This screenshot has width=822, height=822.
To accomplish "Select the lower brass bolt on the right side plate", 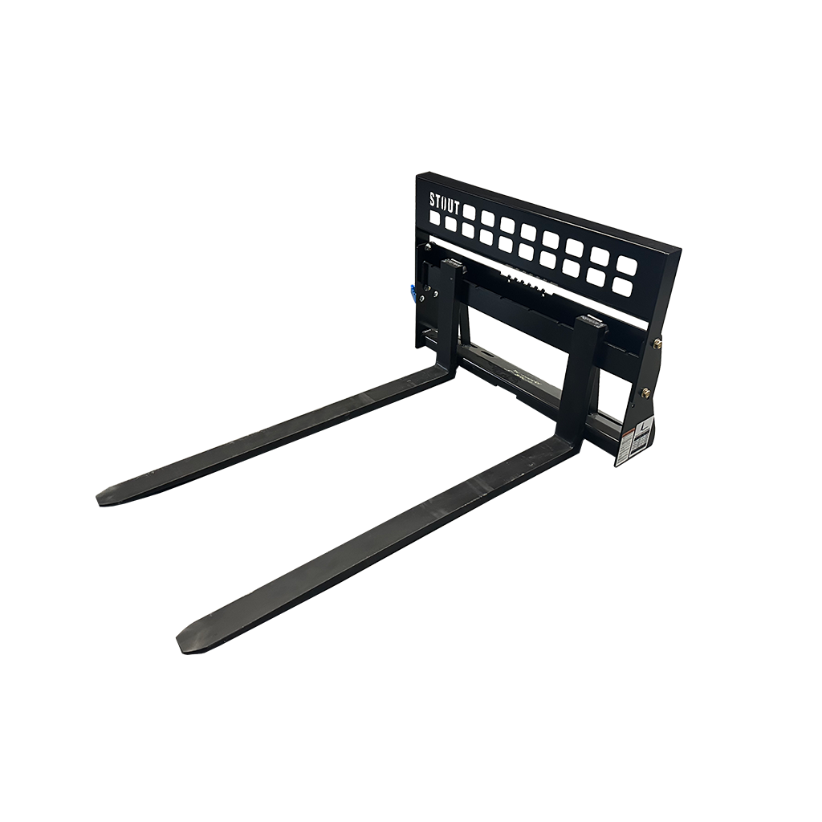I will click(x=645, y=393).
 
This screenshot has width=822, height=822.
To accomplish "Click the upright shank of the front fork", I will click(x=587, y=377).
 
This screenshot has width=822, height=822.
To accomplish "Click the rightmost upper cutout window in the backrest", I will click(x=627, y=264).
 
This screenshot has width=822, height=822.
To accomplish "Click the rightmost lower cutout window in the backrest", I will click(x=621, y=286).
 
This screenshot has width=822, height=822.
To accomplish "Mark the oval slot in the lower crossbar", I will click(x=483, y=354).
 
